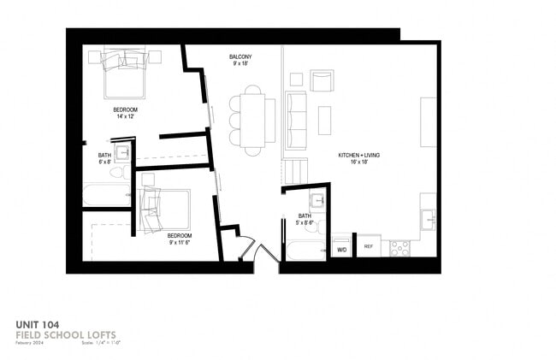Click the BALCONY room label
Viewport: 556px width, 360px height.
[240, 57]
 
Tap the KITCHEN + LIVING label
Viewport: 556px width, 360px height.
[359, 155]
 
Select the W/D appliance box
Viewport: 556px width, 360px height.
[341, 249]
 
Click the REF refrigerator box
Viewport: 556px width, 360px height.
[369, 247]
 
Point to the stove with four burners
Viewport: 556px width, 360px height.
[399, 248]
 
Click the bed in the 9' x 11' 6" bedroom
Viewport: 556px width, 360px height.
[164, 209]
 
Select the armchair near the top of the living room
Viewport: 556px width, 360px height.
[322, 80]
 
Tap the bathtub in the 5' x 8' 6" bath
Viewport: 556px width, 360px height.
[304, 249]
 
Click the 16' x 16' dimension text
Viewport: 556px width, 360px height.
[358, 162]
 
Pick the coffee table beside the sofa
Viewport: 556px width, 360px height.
[324, 120]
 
